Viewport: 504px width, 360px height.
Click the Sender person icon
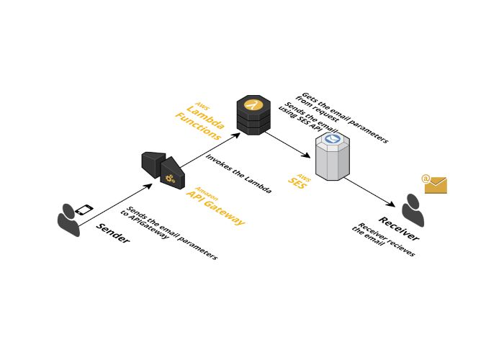[x=68, y=220]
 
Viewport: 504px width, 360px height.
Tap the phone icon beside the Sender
[x=84, y=210]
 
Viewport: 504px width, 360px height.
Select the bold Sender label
[x=113, y=233]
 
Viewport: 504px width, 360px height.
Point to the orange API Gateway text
[x=215, y=206]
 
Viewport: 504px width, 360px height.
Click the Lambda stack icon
[x=253, y=114]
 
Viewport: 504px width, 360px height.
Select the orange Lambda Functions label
[x=201, y=118]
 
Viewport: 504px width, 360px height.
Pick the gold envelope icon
[x=435, y=184]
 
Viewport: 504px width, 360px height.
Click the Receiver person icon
[x=413, y=210]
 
